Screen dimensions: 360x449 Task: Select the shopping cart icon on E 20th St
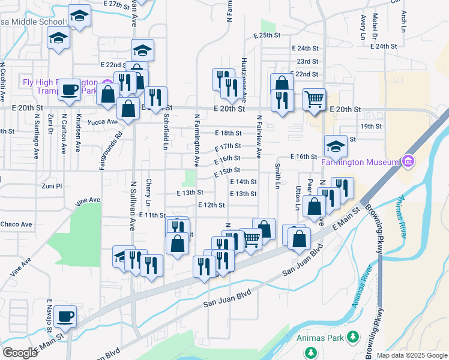coord(315,100)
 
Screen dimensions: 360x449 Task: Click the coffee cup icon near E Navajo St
coord(65,316)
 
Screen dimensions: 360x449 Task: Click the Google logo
coord(20,352)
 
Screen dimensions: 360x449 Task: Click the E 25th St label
coord(267,35)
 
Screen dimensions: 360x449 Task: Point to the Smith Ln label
coord(277,176)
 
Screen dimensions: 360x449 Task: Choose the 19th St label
coord(372,126)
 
